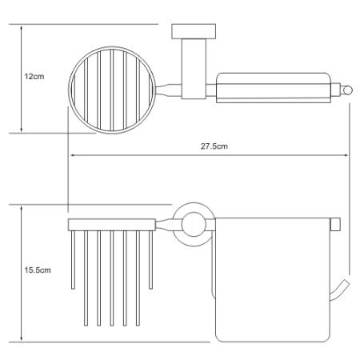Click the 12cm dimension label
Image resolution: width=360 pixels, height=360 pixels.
34,77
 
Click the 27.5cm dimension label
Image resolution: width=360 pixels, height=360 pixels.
214,146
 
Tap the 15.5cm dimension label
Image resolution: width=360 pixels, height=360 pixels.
38,270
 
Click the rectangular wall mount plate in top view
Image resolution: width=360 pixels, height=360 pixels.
194,31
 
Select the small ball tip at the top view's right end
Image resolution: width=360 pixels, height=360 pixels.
348,90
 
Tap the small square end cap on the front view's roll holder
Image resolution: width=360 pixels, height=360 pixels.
335,224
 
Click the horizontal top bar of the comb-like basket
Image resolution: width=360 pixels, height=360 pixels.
112,225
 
